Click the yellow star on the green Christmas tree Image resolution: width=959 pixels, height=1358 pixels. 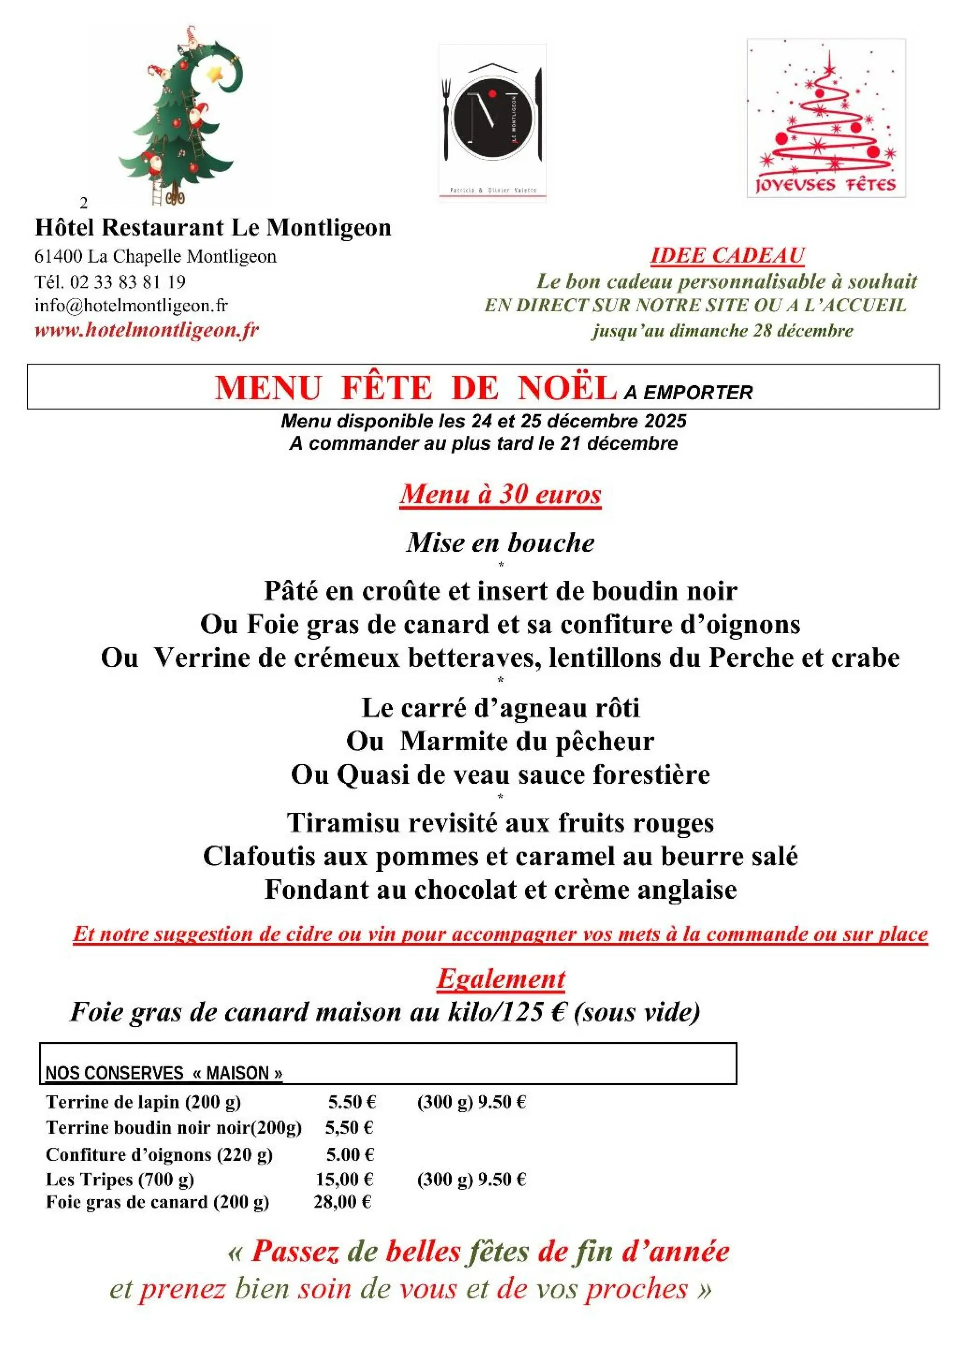[x=214, y=74]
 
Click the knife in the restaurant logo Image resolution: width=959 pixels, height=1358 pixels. [x=537, y=115]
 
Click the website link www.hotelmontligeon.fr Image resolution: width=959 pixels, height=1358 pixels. [x=147, y=330]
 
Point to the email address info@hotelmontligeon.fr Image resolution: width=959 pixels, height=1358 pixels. [x=131, y=305]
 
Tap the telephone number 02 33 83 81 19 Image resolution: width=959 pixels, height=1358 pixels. [x=128, y=281]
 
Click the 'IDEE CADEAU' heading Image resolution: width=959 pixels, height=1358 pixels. [x=727, y=255]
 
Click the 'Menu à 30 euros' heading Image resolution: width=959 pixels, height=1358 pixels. [x=500, y=494]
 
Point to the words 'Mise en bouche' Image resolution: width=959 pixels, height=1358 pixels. [x=500, y=542]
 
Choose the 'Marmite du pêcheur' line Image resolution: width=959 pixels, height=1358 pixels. [x=526, y=741]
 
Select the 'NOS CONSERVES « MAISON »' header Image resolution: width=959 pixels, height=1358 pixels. [x=164, y=1073]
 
